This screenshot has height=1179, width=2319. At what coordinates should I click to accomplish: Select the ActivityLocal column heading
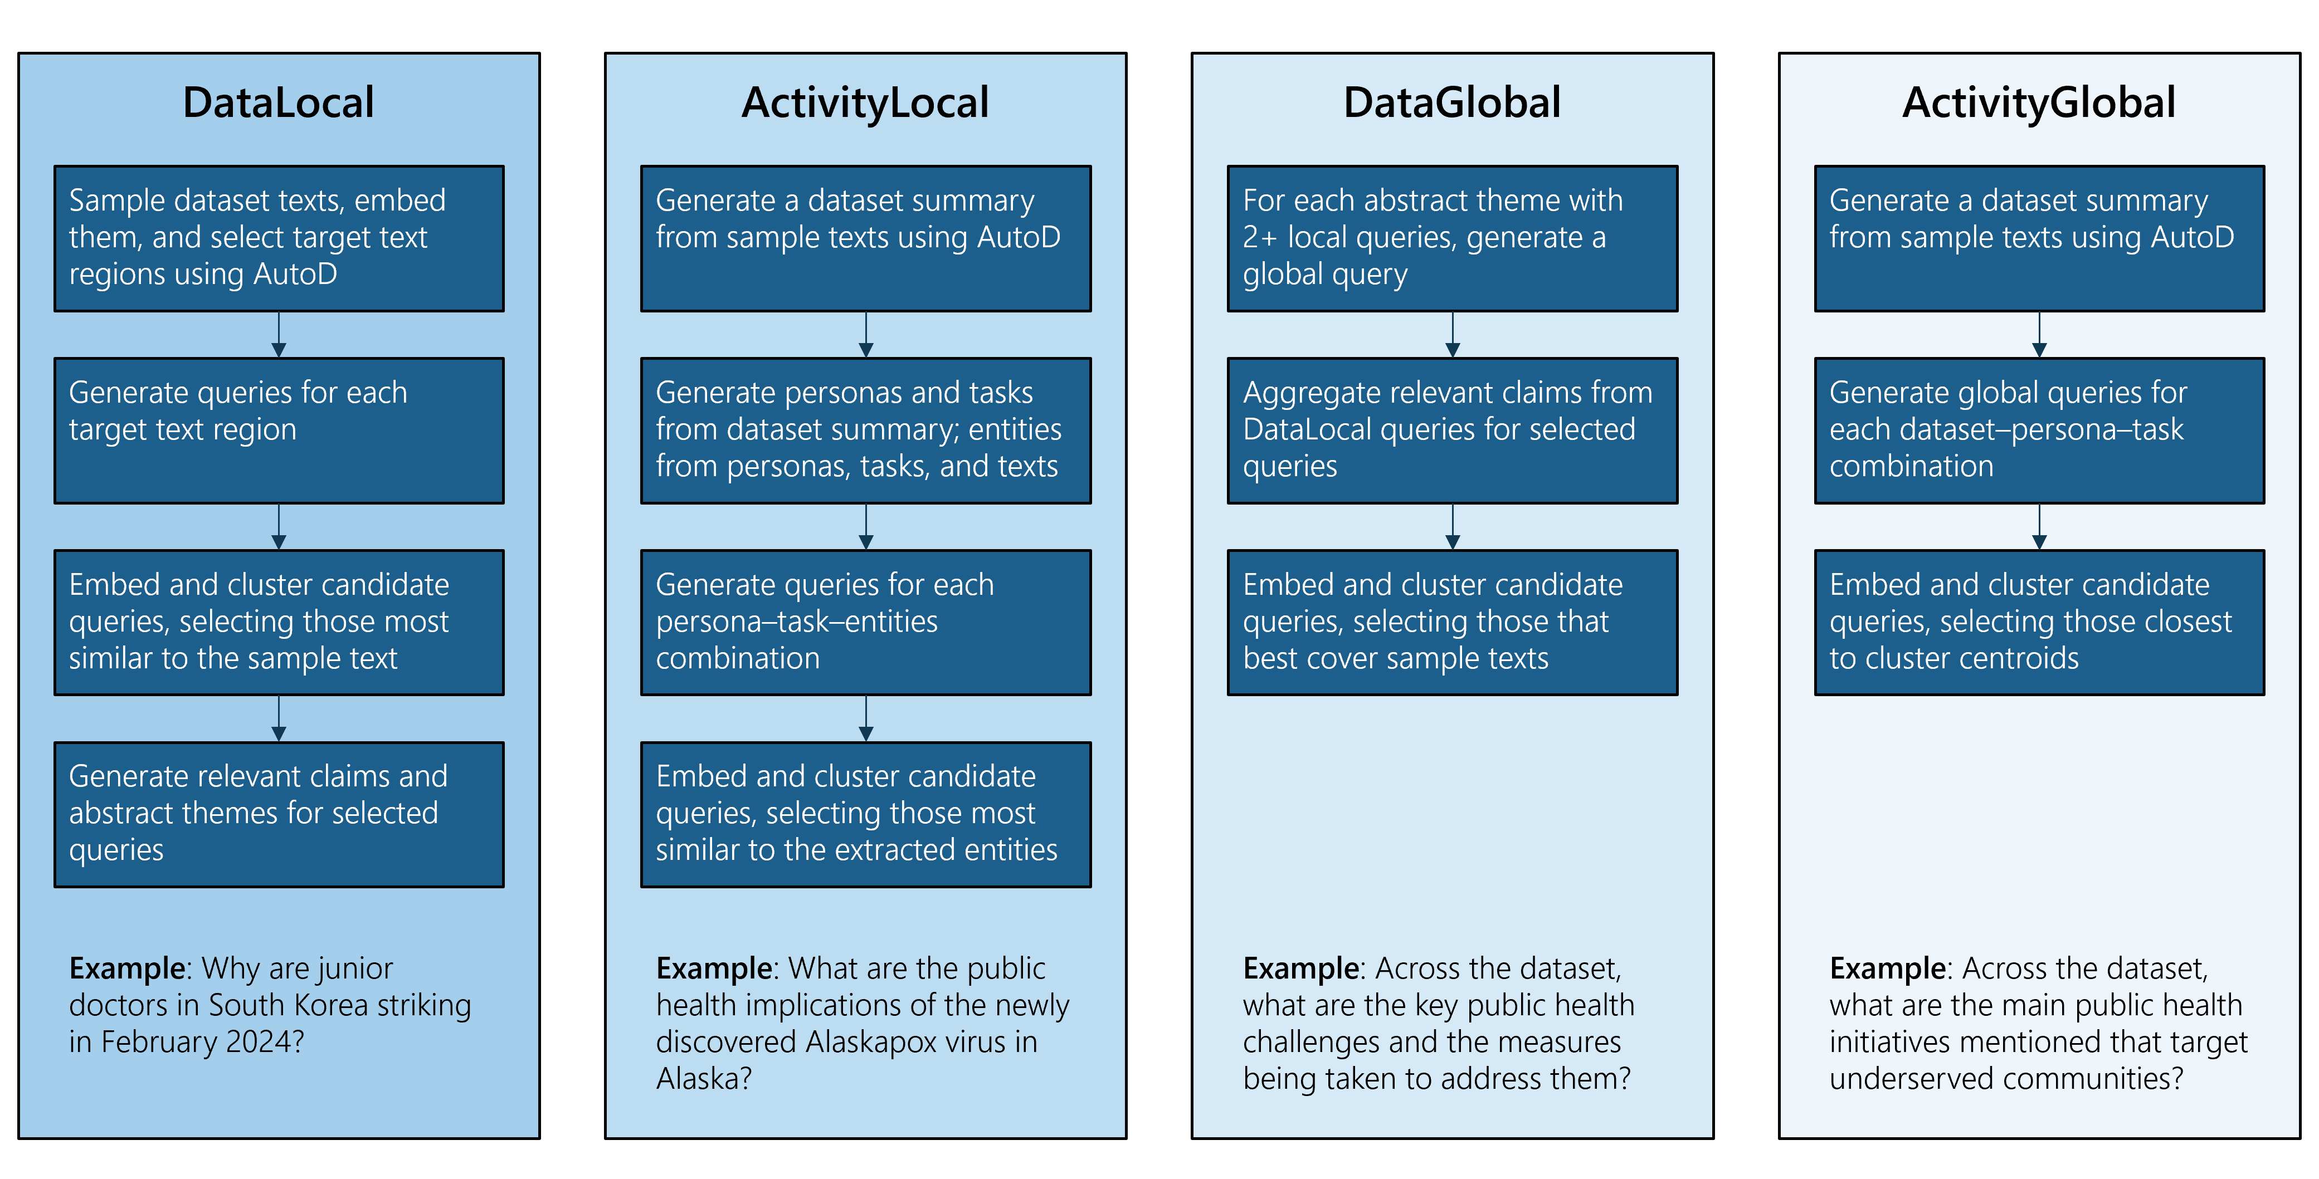[x=865, y=102]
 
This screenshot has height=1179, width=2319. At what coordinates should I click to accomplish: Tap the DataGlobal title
[x=1452, y=102]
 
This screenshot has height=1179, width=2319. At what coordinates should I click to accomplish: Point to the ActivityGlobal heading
[x=2039, y=102]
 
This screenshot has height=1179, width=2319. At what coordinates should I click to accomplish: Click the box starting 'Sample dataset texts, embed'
[x=279, y=238]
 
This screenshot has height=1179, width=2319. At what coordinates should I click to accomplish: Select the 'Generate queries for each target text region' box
[x=279, y=430]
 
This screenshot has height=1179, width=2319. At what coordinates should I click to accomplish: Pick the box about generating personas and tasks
[x=865, y=430]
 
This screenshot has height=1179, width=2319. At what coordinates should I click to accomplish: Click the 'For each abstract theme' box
[x=1452, y=238]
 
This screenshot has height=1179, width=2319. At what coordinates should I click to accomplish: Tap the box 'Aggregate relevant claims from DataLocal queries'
[x=1452, y=430]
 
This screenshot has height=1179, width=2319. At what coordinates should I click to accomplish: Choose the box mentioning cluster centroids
[x=2039, y=622]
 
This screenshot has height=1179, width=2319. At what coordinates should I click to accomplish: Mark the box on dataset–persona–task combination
[x=2039, y=430]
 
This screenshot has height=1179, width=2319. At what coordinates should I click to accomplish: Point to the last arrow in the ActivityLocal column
[x=866, y=719]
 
